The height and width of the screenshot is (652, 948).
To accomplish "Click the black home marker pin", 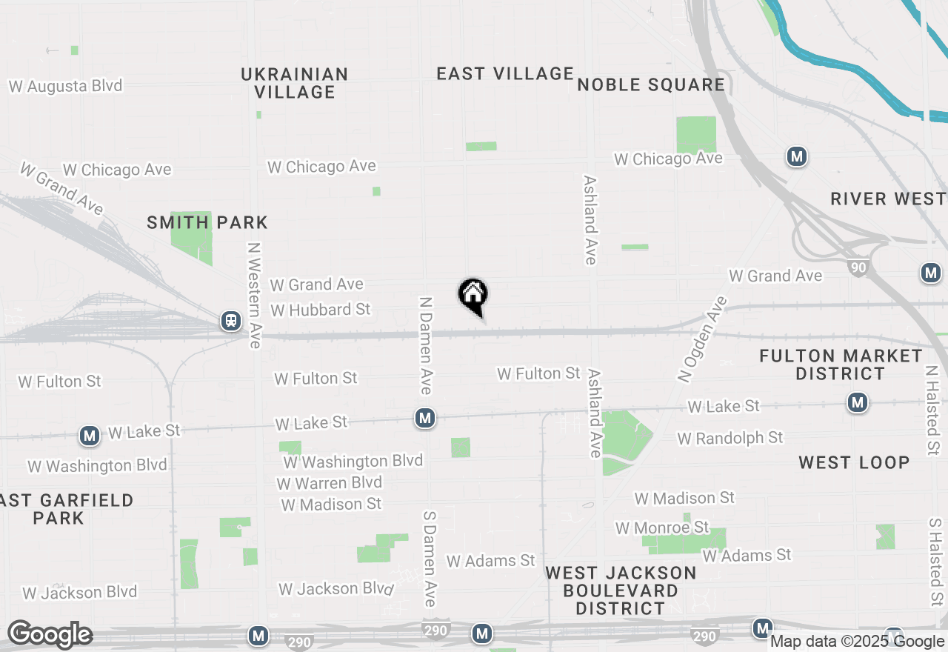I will click(x=473, y=295).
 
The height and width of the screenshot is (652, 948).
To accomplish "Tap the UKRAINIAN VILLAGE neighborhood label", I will click(x=295, y=83).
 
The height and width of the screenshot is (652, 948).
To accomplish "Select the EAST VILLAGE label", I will click(x=505, y=73).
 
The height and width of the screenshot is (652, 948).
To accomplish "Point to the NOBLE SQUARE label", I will click(x=651, y=84).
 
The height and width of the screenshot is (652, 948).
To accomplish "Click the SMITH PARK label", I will click(x=207, y=222).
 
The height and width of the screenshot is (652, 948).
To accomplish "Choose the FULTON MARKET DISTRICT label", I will click(x=841, y=365).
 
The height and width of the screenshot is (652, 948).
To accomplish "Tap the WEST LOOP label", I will click(x=854, y=462).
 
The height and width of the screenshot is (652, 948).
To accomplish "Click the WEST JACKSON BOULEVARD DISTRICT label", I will click(x=621, y=591).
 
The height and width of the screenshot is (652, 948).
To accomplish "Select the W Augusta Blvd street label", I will click(x=65, y=86).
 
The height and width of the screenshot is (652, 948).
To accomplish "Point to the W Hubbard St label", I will click(x=320, y=309).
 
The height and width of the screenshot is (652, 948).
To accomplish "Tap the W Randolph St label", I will click(x=730, y=438).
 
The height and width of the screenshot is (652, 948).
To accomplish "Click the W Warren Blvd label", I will click(x=329, y=482).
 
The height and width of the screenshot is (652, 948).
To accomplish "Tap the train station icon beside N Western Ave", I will click(x=231, y=321).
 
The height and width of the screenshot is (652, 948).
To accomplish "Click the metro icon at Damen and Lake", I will click(x=424, y=419).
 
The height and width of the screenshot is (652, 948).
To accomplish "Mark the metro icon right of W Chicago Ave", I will click(x=796, y=156).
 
